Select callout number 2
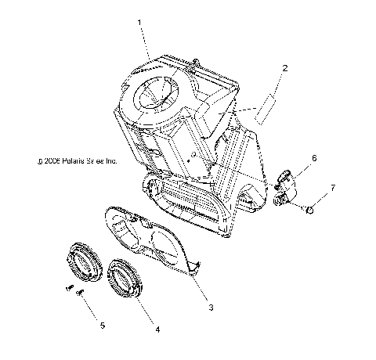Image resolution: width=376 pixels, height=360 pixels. coord(284,68)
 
